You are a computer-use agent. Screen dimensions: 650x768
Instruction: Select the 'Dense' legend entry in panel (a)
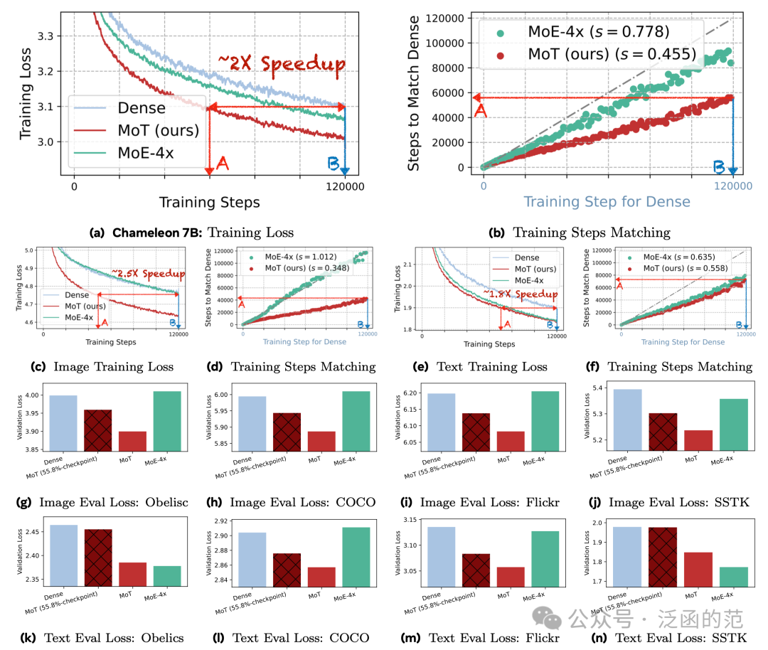pyautogui.click(x=141, y=109)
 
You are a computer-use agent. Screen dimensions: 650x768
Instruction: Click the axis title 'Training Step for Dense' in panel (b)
pyautogui.click(x=607, y=202)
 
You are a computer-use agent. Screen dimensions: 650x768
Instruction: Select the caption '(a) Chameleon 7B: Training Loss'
pyautogui.click(x=191, y=232)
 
